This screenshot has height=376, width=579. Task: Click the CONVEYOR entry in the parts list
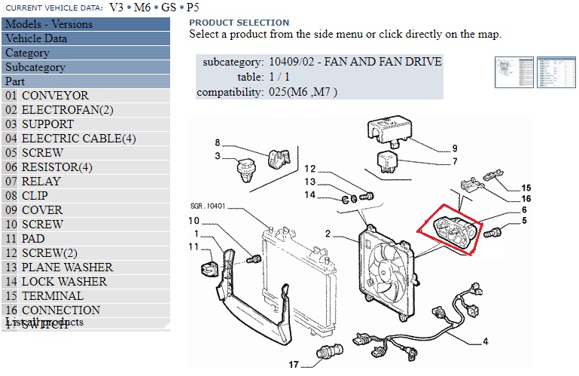point(55,96)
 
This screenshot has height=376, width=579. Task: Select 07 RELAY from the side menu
point(41,182)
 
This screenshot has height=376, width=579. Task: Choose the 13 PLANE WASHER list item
point(67,267)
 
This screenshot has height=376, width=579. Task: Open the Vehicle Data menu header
point(36,38)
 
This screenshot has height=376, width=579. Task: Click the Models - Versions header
point(49,24)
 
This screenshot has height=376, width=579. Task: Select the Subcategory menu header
point(35,67)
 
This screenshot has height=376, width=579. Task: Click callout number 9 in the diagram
point(455,148)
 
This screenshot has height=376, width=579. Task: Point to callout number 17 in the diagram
point(294,364)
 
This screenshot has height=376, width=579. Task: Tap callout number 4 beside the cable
point(486,341)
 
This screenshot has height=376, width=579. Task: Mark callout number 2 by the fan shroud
point(328,234)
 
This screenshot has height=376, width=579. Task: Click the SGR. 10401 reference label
point(209,206)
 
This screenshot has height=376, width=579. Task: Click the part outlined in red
point(451,230)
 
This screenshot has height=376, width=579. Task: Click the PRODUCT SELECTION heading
point(239,23)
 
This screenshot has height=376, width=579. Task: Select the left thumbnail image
point(513,73)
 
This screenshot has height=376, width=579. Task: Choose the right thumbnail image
point(556,73)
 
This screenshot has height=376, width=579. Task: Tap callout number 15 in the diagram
point(526,188)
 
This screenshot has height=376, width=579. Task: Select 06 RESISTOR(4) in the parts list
point(56,167)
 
